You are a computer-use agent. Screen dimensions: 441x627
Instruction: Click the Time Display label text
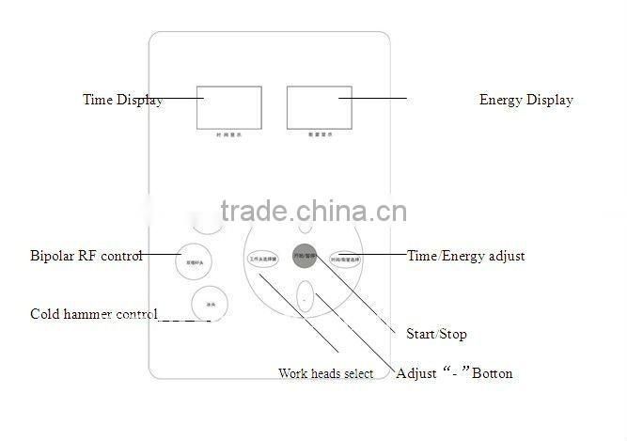[x=122, y=100]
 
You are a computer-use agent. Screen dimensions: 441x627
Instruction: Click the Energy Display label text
[x=525, y=100]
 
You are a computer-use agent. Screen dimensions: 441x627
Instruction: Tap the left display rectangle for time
[x=223, y=107]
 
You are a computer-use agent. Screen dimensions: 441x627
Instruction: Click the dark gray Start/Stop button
[x=304, y=257]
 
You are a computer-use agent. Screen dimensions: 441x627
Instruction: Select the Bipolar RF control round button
[x=192, y=260]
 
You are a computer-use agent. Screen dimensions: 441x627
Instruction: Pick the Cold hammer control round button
[x=209, y=304]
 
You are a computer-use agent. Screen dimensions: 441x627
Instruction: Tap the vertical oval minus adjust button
[x=304, y=298]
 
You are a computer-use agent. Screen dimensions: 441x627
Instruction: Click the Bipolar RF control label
[x=86, y=256]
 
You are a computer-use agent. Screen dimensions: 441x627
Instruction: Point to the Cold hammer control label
[x=93, y=314]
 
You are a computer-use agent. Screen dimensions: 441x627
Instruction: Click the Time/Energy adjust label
[x=465, y=256]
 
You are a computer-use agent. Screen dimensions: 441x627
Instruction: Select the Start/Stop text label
[x=435, y=334]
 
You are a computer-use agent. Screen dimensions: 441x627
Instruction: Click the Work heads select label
[x=325, y=373]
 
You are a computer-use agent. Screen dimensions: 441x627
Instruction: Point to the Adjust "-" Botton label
[x=454, y=373]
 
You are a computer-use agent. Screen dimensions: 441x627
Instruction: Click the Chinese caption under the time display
[x=223, y=136]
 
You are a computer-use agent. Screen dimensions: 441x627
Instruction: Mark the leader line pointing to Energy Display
[x=373, y=97]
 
